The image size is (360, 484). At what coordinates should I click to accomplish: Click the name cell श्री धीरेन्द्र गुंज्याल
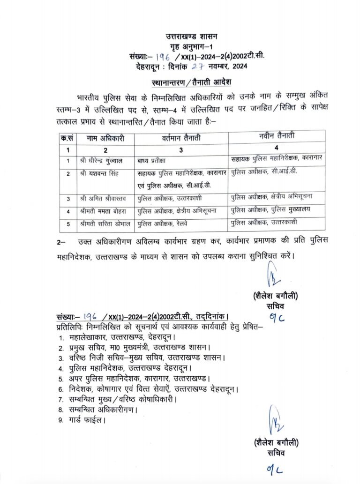(102, 161)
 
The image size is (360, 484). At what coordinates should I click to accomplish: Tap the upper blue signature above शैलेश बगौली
(272, 275)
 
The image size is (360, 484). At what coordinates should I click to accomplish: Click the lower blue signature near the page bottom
(273, 421)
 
